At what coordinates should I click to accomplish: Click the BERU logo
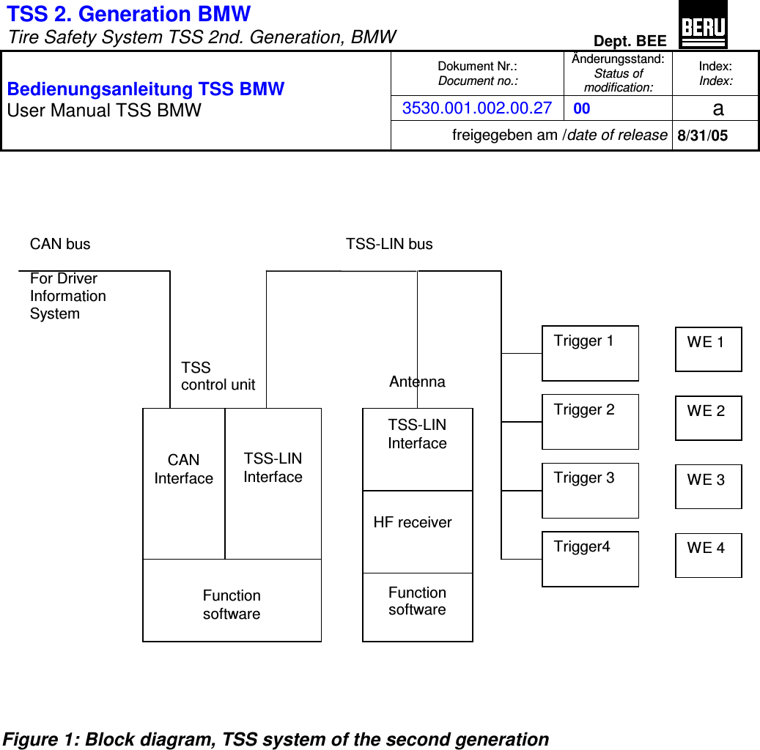704,24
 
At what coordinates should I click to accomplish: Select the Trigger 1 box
590,353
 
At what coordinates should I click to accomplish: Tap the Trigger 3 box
590,490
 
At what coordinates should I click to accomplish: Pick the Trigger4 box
590,559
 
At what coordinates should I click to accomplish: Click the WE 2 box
708,418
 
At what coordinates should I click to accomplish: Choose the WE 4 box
708,555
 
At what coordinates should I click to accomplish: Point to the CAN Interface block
184,483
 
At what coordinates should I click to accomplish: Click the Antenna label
417,382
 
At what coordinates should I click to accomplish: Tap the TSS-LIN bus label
389,244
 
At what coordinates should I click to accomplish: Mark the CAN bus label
60,244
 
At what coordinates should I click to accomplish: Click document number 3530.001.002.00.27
477,108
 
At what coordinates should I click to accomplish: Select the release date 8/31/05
702,136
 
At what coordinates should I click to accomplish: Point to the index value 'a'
717,109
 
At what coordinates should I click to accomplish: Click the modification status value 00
582,109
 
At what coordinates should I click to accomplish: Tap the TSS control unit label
218,376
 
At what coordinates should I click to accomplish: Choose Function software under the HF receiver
417,601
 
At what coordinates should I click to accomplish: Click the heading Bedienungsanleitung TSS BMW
146,89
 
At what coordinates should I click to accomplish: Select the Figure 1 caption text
276,739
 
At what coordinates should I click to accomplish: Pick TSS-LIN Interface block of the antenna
417,449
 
